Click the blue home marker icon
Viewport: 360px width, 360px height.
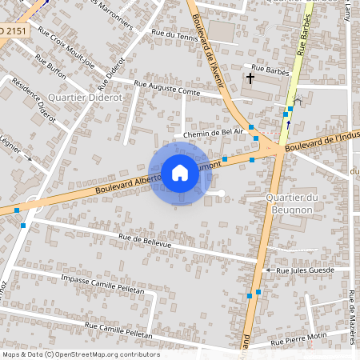point(180,172)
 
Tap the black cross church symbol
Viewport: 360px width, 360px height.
point(250,78)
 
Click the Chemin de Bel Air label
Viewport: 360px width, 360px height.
point(212,134)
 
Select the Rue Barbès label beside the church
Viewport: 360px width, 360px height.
point(268,68)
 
